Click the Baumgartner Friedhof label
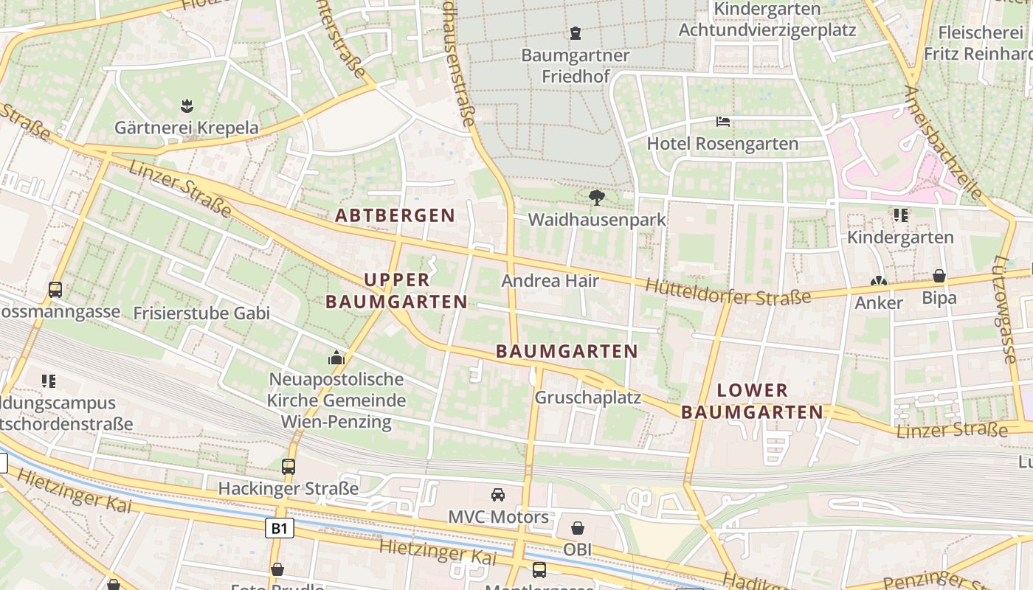tap(575, 66)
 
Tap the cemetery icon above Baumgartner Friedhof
tap(576, 33)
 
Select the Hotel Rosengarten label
tap(722, 144)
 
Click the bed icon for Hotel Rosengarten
tap(723, 121)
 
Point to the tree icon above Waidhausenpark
tap(597, 197)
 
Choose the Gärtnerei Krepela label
tap(187, 128)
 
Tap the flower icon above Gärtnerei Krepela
tap(187, 105)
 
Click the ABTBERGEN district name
tap(395, 215)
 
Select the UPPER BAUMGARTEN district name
tap(396, 291)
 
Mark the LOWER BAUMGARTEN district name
tap(752, 401)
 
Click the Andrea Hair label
tap(550, 281)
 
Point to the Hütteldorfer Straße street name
tap(728, 292)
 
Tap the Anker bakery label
tap(878, 303)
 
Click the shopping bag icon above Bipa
tap(939, 276)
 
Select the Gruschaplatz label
tap(587, 398)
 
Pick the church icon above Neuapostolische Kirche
tap(336, 358)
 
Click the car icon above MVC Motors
tap(498, 494)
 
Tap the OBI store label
tap(577, 549)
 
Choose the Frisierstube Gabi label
tap(201, 313)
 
